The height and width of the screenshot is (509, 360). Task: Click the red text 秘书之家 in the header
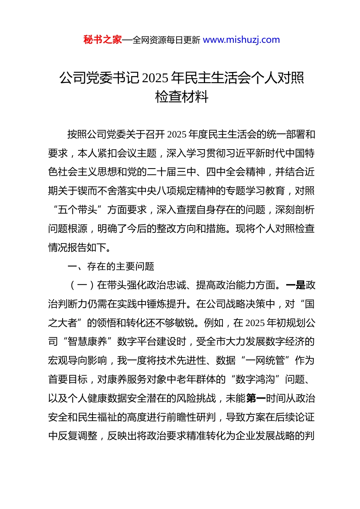tap(103, 40)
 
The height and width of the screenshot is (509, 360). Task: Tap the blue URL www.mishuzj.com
tap(241, 40)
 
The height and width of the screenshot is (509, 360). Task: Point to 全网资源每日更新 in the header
tap(166, 40)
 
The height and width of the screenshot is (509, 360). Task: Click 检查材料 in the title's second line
tap(182, 97)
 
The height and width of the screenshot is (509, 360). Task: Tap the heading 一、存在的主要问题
tap(111, 266)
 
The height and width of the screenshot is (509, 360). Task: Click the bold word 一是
tap(296, 285)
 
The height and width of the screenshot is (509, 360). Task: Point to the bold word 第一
tap(256, 398)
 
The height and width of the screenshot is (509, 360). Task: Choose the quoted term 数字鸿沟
tap(255, 379)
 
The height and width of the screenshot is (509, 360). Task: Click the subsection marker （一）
tap(82, 285)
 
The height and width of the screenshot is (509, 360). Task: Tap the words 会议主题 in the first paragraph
tap(137, 153)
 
